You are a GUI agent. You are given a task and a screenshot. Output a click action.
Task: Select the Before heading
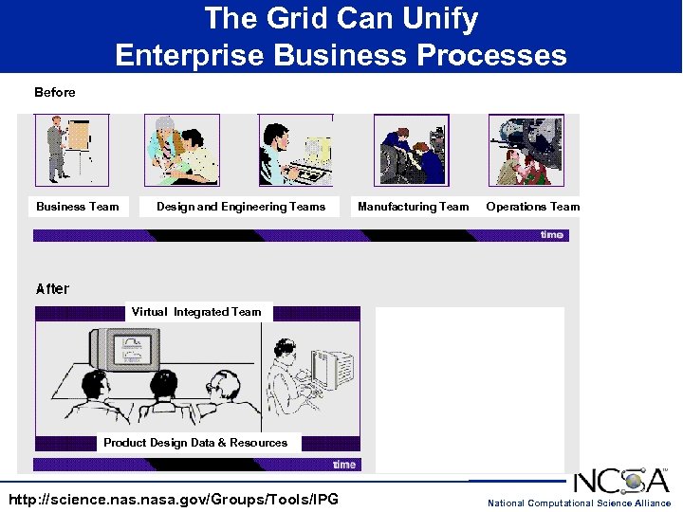coord(54,92)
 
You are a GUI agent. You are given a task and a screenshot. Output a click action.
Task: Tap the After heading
coord(52,288)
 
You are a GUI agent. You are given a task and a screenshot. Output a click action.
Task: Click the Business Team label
coord(78,207)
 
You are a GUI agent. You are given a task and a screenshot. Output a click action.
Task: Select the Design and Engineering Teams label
coord(240,207)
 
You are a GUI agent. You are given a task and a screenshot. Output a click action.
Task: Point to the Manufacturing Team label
coord(413,207)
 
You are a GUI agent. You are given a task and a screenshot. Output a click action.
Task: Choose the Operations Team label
coord(532,207)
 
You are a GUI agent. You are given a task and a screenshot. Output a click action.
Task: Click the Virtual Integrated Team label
coord(196,312)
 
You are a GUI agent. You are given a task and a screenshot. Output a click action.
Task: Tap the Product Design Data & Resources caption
coord(195,443)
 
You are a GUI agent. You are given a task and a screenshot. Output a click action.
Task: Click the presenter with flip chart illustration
coord(71,150)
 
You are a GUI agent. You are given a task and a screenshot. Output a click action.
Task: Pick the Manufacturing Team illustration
coord(411,150)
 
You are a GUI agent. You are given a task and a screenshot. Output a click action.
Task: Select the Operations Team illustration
coord(526,150)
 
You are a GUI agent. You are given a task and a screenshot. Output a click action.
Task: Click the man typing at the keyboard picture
coord(295,150)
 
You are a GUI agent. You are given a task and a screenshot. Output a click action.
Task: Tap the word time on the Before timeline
coord(551,235)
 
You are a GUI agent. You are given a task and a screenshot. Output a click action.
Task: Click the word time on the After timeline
coord(343,465)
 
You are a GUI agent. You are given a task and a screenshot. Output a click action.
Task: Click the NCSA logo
coord(620,481)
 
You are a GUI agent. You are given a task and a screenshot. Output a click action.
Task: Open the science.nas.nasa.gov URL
coord(173,500)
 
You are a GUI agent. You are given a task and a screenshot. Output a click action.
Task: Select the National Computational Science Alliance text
coord(579,503)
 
